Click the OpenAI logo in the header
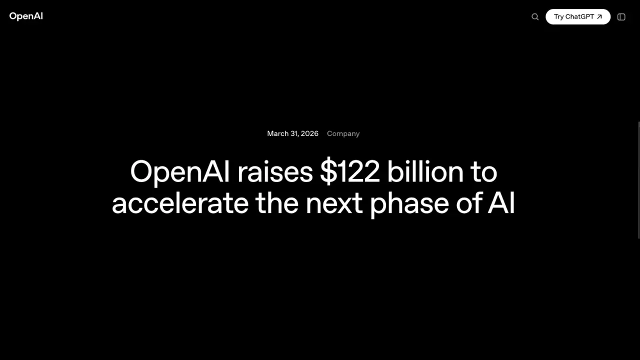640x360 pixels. click(26, 16)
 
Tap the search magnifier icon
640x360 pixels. click(535, 17)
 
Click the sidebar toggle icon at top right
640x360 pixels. click(621, 17)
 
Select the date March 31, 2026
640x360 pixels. click(292, 133)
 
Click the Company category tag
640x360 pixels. click(343, 133)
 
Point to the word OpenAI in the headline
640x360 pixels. click(180, 172)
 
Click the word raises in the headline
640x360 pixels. click(275, 172)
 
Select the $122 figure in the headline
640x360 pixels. click(350, 172)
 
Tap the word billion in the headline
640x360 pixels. click(425, 172)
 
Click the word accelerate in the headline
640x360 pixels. click(180, 203)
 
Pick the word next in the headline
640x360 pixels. click(334, 203)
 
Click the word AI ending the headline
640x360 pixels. click(501, 203)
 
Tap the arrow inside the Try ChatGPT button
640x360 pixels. click(599, 17)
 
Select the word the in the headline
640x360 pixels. click(276, 203)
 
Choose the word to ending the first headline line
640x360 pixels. click(483, 172)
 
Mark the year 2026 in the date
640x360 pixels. click(309, 133)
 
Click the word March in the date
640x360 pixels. click(277, 133)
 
